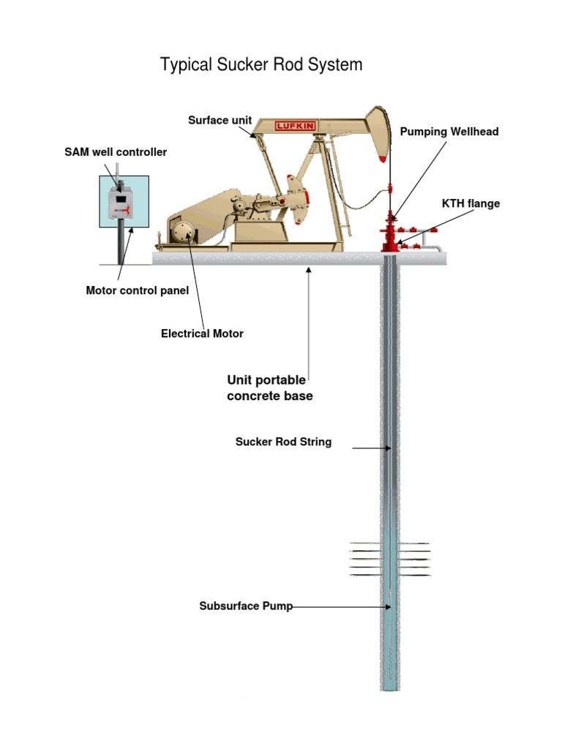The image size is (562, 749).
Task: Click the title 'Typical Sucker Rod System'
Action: tap(261, 65)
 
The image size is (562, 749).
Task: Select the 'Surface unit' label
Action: tap(220, 120)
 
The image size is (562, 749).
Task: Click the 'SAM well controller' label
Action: tap(116, 152)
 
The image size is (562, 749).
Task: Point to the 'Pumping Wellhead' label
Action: tap(449, 132)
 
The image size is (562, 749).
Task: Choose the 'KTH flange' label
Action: tap(471, 203)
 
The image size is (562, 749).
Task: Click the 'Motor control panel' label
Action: tap(138, 290)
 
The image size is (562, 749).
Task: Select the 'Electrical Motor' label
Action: tap(202, 334)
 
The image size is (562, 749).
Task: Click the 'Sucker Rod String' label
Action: tap(283, 442)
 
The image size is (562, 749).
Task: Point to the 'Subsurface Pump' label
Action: tap(246, 606)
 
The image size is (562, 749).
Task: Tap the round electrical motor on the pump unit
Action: tap(184, 236)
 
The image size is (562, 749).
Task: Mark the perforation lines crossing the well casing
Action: tap(390, 560)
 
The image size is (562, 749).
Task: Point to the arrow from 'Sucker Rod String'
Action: tap(370, 447)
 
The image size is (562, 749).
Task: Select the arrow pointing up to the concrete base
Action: tap(309, 322)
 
